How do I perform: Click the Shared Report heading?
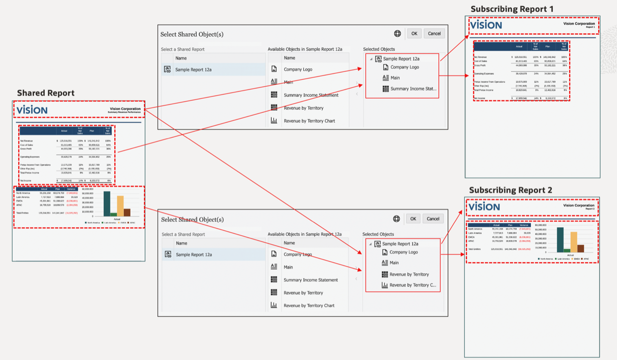(x=46, y=93)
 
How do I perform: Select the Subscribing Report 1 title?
(x=512, y=9)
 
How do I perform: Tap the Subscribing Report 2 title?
(x=510, y=190)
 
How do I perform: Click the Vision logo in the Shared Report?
(x=32, y=110)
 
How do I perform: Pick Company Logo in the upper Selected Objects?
(x=404, y=67)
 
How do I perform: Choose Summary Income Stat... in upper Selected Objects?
(x=413, y=89)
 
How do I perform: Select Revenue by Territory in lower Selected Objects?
(x=409, y=274)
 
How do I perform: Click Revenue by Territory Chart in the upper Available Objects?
(x=309, y=121)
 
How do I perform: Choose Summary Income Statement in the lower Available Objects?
(x=310, y=280)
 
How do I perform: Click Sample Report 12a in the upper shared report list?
(x=193, y=69)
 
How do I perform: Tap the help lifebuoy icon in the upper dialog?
(x=398, y=33)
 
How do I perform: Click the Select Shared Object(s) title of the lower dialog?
(x=192, y=219)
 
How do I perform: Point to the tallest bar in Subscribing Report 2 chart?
(x=560, y=240)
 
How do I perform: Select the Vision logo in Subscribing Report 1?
(x=486, y=25)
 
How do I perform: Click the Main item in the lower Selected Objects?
(x=394, y=263)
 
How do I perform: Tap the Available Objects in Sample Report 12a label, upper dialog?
(x=305, y=49)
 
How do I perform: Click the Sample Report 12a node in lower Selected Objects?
(x=401, y=244)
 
